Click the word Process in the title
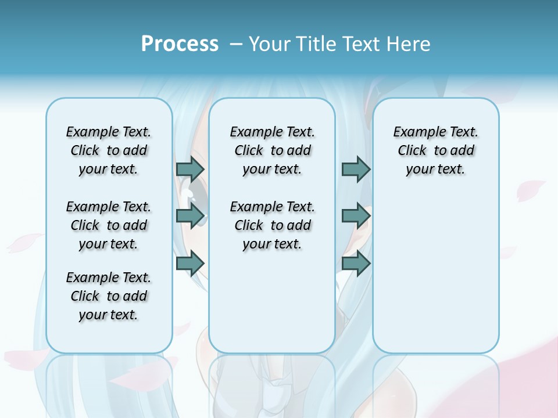(180, 44)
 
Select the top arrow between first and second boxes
(190, 169)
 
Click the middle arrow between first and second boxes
(190, 216)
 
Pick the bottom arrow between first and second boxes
(190, 264)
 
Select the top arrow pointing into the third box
(356, 169)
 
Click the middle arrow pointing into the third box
(356, 216)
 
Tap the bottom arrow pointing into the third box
(356, 264)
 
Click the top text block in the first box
(109, 150)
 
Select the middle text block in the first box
(109, 225)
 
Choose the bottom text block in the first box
(109, 296)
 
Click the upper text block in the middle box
(272, 150)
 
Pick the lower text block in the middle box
(272, 225)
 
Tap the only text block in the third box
(435, 150)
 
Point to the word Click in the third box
(412, 151)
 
